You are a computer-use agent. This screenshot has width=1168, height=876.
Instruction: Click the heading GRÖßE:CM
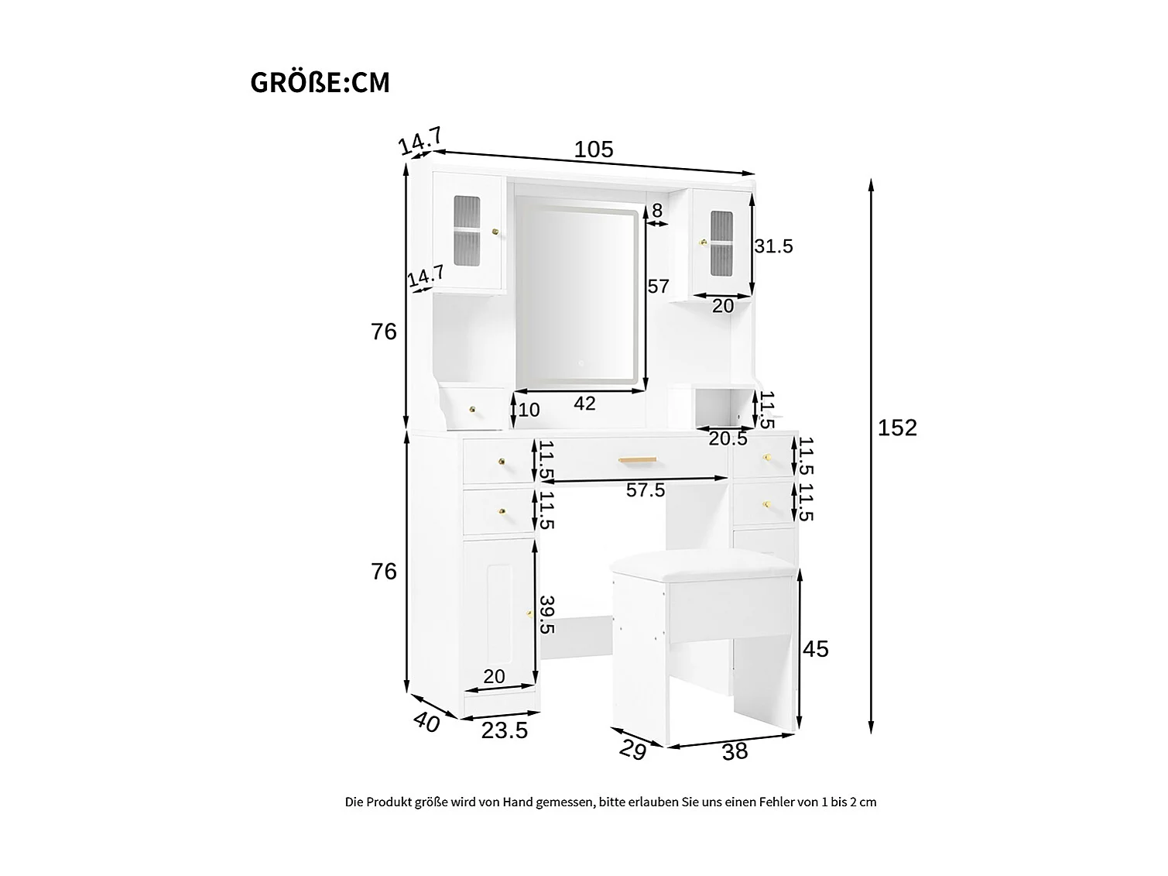320,83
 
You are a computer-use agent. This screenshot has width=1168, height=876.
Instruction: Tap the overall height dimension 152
897,428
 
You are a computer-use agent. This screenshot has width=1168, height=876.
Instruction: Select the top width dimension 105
594,149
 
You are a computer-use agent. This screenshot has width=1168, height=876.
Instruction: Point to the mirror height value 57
658,287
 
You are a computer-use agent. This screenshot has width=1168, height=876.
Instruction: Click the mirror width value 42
584,403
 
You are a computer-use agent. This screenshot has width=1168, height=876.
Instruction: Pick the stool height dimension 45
816,648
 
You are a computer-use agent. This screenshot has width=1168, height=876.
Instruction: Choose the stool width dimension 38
735,751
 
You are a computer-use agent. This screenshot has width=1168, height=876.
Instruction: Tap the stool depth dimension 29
633,750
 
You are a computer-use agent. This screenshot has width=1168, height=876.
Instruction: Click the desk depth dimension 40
426,722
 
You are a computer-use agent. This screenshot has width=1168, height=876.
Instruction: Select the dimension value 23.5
505,731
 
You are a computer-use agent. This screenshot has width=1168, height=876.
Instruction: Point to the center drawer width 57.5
646,490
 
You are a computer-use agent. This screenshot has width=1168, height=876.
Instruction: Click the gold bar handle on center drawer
638,459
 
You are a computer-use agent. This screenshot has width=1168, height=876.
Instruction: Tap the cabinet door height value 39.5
547,614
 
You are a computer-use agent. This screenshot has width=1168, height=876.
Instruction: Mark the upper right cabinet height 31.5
773,246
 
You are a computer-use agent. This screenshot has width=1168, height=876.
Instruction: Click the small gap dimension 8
657,211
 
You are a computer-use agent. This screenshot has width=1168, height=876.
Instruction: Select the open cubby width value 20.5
728,439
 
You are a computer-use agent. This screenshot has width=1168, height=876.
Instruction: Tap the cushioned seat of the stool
704,565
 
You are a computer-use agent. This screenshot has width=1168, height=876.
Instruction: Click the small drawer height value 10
529,410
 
